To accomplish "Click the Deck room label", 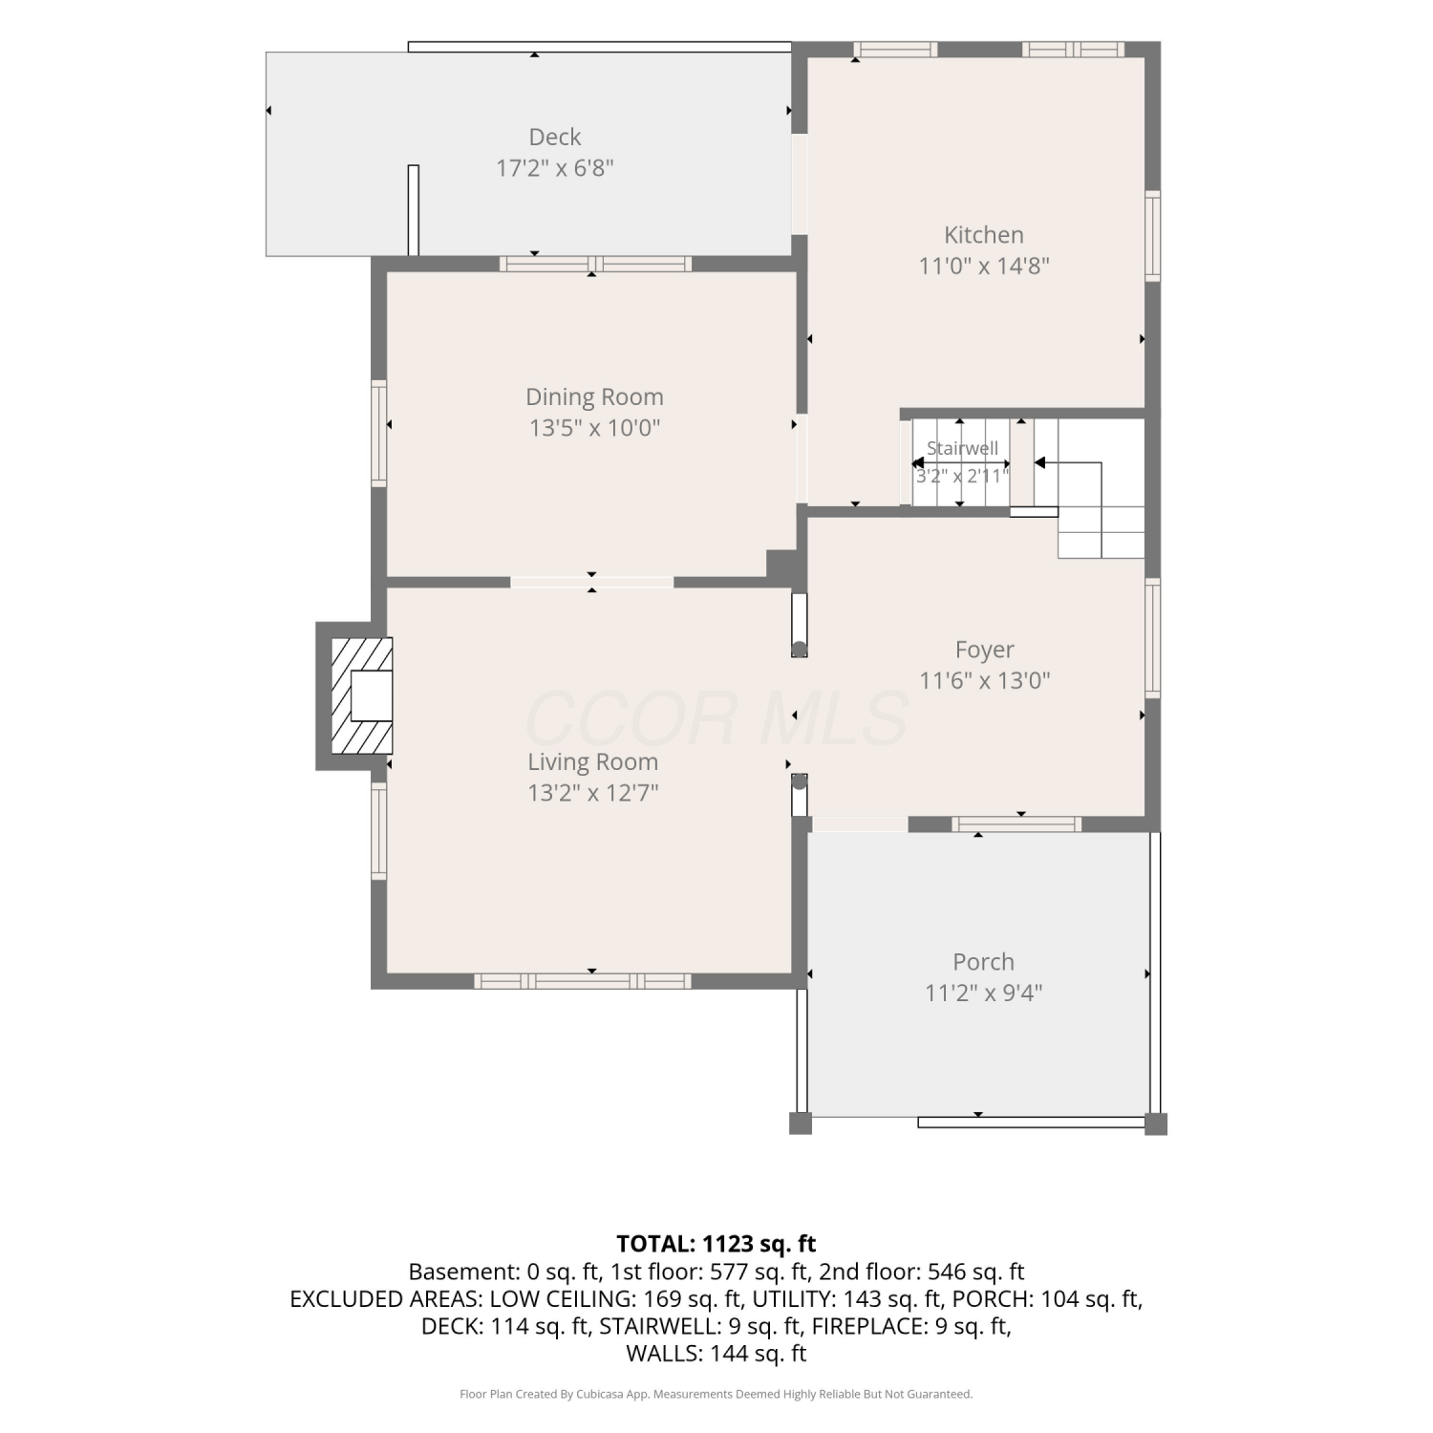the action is pyautogui.click(x=555, y=138).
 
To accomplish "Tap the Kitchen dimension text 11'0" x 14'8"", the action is pyautogui.click(x=984, y=266).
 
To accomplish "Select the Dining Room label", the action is pyautogui.click(x=594, y=397).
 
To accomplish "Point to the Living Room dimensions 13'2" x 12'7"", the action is pyautogui.click(x=593, y=793).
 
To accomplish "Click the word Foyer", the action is pyautogui.click(x=985, y=651).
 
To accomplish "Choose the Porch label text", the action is pyautogui.click(x=984, y=962).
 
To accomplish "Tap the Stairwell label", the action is pyautogui.click(x=962, y=448).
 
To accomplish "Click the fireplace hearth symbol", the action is pyautogui.click(x=361, y=695).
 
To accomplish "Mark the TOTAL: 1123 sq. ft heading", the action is pyautogui.click(x=716, y=1244).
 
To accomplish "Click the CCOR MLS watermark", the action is pyautogui.click(x=716, y=719).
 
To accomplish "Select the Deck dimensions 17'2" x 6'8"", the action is pyautogui.click(x=555, y=168).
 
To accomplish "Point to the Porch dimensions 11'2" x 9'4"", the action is pyautogui.click(x=984, y=993).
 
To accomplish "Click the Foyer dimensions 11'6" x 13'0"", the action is pyautogui.click(x=985, y=680).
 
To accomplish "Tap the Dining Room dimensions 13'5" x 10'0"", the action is pyautogui.click(x=595, y=427).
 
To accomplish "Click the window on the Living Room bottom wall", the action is pyautogui.click(x=583, y=981).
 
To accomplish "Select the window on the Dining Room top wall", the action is pyautogui.click(x=595, y=264).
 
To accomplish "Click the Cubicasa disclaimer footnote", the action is pyautogui.click(x=716, y=1395).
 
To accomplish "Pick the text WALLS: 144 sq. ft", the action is pyautogui.click(x=716, y=1354).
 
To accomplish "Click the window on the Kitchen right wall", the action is pyautogui.click(x=1153, y=236).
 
